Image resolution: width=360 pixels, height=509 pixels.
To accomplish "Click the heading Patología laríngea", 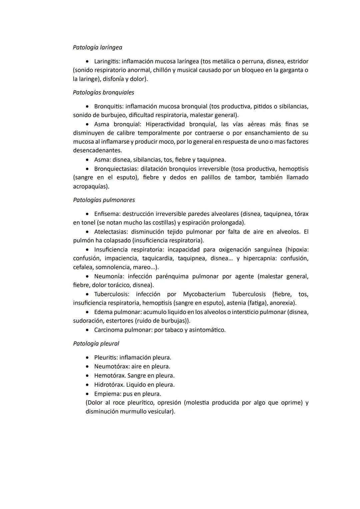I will tap(97, 47).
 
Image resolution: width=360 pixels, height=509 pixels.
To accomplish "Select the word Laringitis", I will tap(107, 61).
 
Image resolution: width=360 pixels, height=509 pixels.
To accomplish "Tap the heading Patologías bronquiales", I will tap(103, 92).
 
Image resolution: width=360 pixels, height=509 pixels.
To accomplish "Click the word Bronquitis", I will tap(108, 106).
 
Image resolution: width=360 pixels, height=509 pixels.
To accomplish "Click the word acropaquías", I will tap(90, 186).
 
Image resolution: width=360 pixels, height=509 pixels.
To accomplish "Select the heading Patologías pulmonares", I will tap(104, 200).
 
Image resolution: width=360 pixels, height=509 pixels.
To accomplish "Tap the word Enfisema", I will tap(106, 214).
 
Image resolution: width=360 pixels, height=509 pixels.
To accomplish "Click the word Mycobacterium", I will tap(204, 294).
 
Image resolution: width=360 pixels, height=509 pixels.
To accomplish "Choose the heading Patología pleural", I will tap(96, 344).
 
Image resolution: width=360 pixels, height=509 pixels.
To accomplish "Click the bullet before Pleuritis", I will tap(87, 358).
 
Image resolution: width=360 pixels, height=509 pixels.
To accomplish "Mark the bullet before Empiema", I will tap(87, 394).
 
